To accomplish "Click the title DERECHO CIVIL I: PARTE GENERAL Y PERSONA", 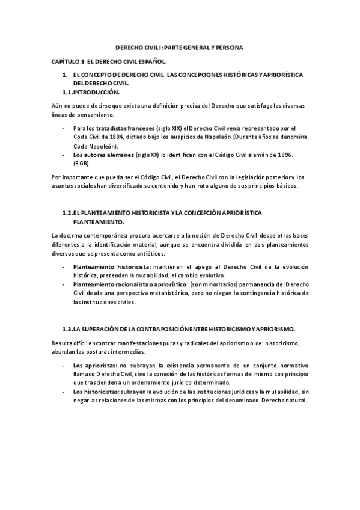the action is (179, 48).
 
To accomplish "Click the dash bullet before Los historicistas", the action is (64, 392).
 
